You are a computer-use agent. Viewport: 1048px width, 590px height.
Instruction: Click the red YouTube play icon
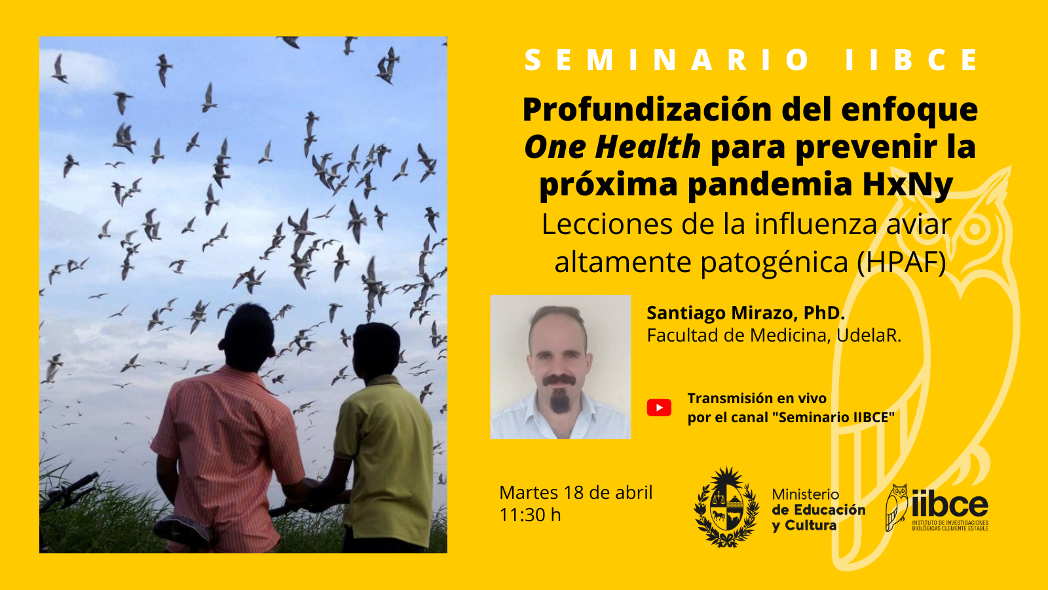click(659, 408)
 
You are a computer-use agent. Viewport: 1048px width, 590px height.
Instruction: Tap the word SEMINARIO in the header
click(668, 60)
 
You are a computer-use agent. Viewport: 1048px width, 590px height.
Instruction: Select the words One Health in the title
click(612, 147)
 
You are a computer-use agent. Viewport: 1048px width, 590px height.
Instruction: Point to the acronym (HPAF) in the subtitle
click(901, 262)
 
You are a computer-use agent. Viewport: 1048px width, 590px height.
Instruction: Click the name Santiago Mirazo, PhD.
click(746, 313)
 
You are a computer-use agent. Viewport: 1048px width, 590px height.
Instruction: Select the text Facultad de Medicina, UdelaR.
click(774, 335)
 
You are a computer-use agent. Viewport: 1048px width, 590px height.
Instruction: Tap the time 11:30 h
click(530, 515)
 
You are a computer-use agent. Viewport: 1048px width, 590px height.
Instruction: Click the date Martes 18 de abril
click(576, 492)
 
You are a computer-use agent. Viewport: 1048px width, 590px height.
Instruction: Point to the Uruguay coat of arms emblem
click(726, 507)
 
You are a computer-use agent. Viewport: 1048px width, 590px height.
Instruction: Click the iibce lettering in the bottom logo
click(950, 503)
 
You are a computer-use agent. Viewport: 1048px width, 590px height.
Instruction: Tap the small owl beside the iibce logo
click(897, 507)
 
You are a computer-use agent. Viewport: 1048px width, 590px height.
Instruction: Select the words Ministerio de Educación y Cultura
click(819, 510)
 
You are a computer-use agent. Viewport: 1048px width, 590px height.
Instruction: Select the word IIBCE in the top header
click(912, 60)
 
